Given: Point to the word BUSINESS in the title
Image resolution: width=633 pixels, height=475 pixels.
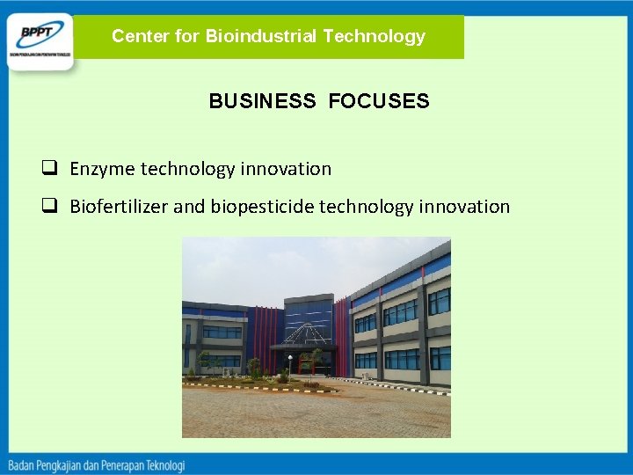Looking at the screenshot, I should (x=262, y=101).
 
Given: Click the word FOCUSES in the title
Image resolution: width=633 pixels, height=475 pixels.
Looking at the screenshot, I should (x=379, y=101).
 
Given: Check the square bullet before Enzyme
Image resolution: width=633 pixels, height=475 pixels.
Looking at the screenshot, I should (x=52, y=168).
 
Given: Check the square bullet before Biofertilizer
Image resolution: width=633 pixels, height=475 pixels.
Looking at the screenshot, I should (x=52, y=207).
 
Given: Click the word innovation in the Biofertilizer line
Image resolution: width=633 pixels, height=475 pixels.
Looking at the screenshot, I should (x=466, y=207).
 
